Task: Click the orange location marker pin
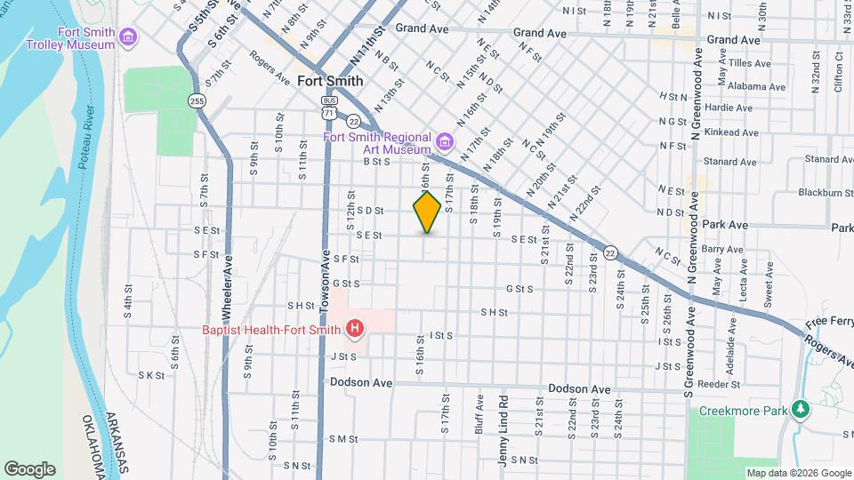pos(427,212)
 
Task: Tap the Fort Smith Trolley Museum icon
pos(129,36)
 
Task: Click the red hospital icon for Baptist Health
pos(355,330)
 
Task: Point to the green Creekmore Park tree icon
pos(802,409)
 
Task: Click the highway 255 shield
pos(197,101)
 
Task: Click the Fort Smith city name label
pos(329,80)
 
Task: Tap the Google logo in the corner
pos(29,469)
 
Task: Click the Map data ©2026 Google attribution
pos(797,473)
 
